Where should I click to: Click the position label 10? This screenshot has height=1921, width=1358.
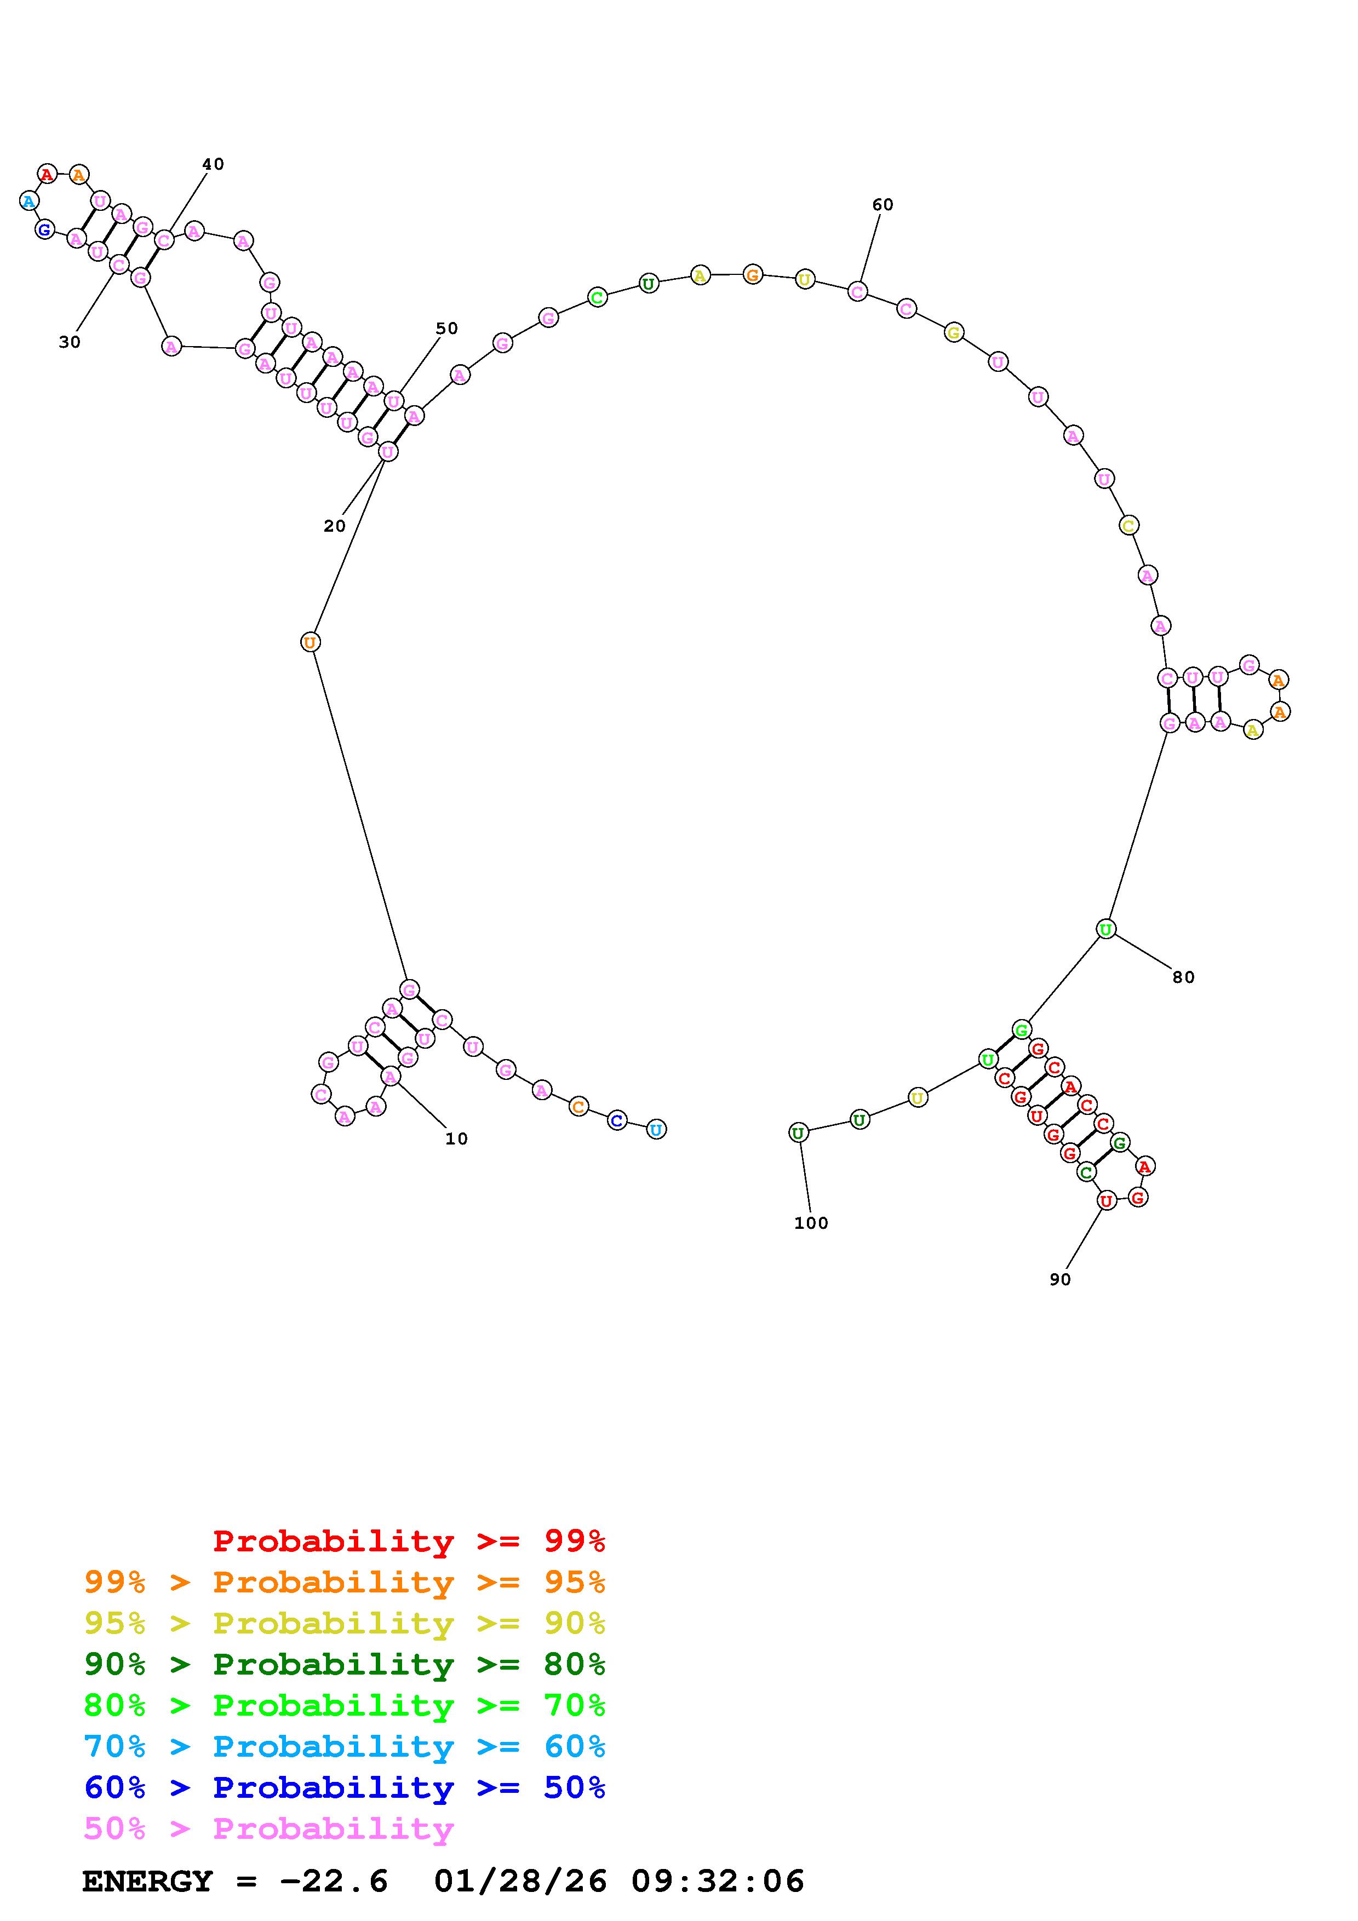point(456,1138)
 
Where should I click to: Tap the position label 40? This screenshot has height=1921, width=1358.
point(213,164)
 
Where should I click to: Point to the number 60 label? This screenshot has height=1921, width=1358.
point(883,205)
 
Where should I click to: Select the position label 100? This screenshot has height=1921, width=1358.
point(811,1223)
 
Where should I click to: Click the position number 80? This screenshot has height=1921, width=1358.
point(1183,977)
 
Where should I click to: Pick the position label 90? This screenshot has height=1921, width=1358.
point(1060,1279)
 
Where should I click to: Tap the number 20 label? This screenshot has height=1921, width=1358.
point(335,526)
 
